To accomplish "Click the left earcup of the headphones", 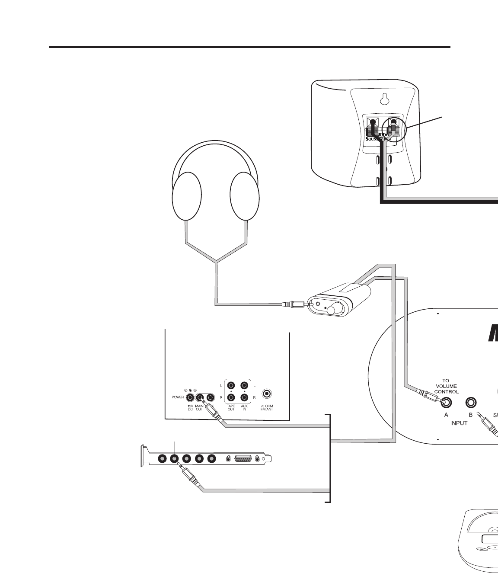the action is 187,196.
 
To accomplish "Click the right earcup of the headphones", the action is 245,196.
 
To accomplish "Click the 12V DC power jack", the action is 190,397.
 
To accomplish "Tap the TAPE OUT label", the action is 231,408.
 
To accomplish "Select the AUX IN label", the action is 245,408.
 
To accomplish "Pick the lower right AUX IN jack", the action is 245,397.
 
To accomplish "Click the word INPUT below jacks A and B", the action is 459,423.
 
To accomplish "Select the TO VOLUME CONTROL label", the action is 446,386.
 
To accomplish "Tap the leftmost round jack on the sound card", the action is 163,459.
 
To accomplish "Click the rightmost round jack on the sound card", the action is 211,459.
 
